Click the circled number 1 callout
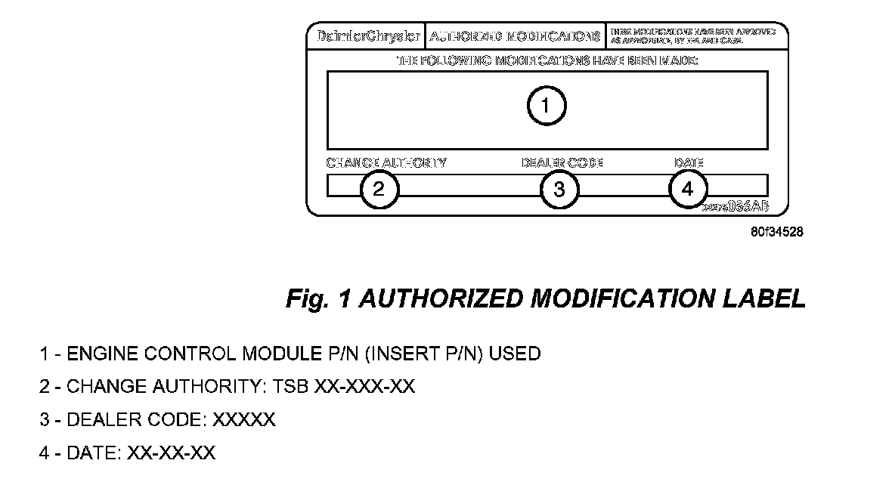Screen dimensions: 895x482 pos(546,107)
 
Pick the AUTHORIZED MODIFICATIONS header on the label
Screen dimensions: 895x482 pos(516,36)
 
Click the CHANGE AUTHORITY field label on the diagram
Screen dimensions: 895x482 pos(386,162)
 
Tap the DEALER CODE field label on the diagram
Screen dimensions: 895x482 pos(562,162)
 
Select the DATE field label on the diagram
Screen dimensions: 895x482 pos(689,162)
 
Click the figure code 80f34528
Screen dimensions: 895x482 pos(777,232)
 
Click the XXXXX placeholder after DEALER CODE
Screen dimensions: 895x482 pos(244,420)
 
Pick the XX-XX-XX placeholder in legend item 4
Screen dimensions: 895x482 pos(172,453)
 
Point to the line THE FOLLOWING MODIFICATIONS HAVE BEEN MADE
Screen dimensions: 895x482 pos(547,60)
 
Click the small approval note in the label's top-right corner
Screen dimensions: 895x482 pos(692,36)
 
